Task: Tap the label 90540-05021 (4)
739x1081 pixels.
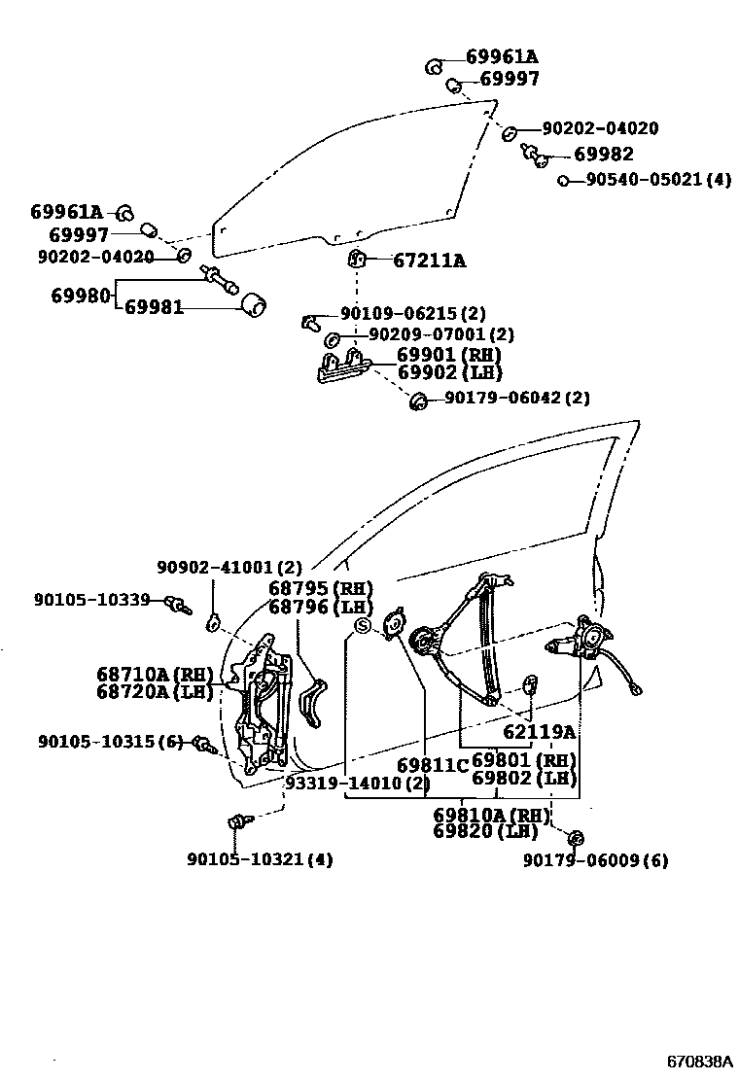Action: (657, 180)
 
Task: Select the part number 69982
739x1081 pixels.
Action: (603, 154)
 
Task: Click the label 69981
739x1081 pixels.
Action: (154, 308)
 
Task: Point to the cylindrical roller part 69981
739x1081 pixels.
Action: (254, 305)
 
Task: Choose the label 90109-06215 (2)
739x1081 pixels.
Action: (412, 314)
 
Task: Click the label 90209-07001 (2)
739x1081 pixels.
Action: (428, 334)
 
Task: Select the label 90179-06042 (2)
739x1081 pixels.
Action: (516, 398)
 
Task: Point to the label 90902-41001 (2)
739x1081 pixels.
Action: (229, 567)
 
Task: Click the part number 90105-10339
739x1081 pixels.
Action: (91, 600)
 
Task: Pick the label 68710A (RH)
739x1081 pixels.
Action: (155, 674)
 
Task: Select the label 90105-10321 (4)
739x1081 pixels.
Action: (260, 859)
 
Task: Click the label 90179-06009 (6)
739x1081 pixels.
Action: (595, 860)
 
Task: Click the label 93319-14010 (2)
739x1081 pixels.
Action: (357, 784)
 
